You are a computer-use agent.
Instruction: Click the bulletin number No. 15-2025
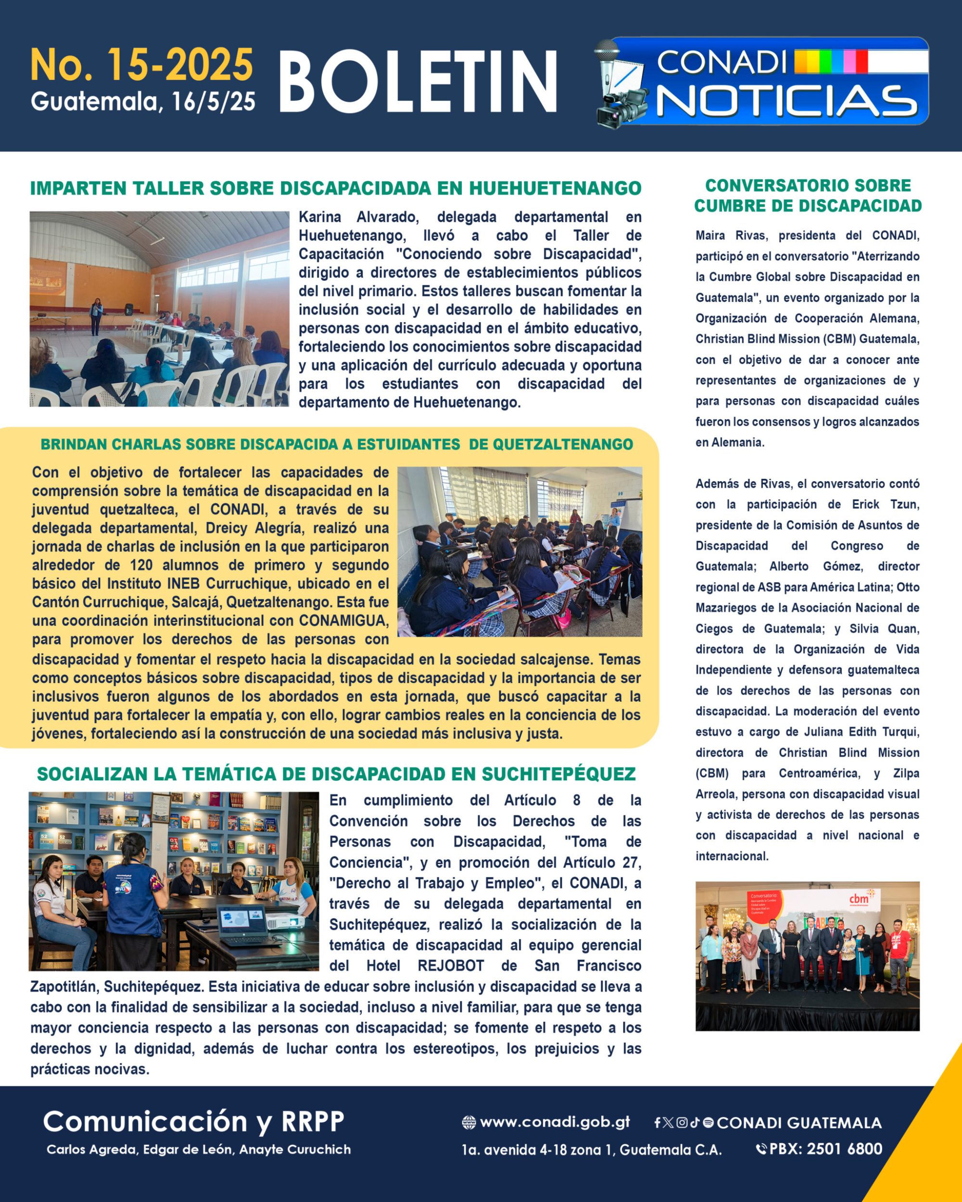pyautogui.click(x=141, y=65)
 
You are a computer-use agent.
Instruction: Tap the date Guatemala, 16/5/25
pyautogui.click(x=143, y=101)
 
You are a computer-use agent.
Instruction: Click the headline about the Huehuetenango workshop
pyautogui.click(x=335, y=188)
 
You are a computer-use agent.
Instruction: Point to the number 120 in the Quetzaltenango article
pyautogui.click(x=141, y=565)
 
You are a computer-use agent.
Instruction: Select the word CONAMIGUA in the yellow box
pyautogui.click(x=343, y=621)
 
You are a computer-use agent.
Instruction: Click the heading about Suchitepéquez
pyautogui.click(x=336, y=774)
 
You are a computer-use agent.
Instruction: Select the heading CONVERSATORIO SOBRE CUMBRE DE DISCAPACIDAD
pyautogui.click(x=808, y=196)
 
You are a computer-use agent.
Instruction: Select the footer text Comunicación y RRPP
pyautogui.click(x=193, y=1121)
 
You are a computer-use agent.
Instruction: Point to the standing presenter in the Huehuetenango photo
pyautogui.click(x=97, y=315)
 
